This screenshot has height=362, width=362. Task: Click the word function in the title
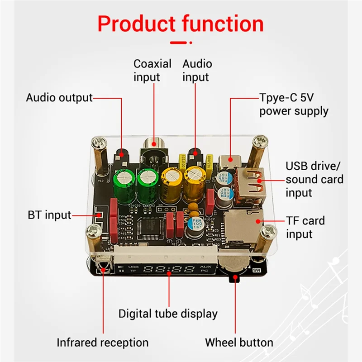[x=225, y=24]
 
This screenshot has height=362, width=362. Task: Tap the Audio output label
[x=59, y=98]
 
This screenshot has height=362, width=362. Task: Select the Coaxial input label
[x=152, y=71]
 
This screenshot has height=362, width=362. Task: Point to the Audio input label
[x=197, y=71]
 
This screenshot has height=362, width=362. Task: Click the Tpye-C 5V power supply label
[x=294, y=105]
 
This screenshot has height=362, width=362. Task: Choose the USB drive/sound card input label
[x=314, y=179]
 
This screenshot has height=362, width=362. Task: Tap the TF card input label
[x=305, y=227]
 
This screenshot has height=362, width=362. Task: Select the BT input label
[x=49, y=214]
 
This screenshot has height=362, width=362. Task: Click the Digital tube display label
[x=168, y=313]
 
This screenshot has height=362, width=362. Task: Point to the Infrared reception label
[x=102, y=343]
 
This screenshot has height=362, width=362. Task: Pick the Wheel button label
[x=239, y=343]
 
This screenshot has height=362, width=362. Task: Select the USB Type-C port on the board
[x=230, y=160]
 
